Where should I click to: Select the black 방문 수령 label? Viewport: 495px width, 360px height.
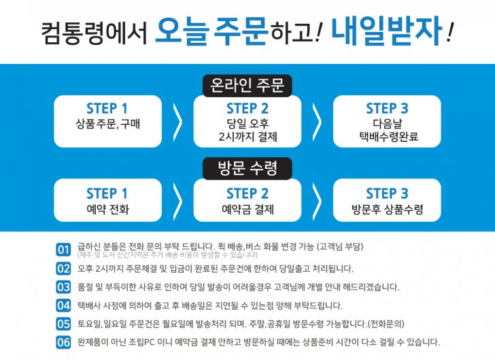tap(247, 167)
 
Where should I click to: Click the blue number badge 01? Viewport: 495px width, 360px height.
tap(64, 250)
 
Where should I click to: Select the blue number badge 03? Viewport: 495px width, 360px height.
tap(64, 287)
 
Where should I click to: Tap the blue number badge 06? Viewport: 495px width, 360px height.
tap(64, 342)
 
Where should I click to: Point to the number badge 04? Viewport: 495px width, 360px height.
tap(64, 306)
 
